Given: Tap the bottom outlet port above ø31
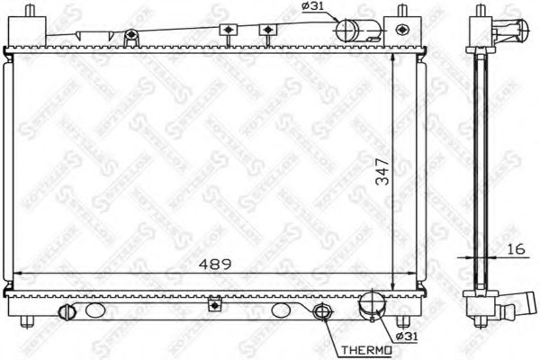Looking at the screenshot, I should pyautogui.click(x=369, y=308).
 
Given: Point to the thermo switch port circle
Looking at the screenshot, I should pyautogui.click(x=320, y=313).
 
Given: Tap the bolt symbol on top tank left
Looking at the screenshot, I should pyautogui.click(x=131, y=36).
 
